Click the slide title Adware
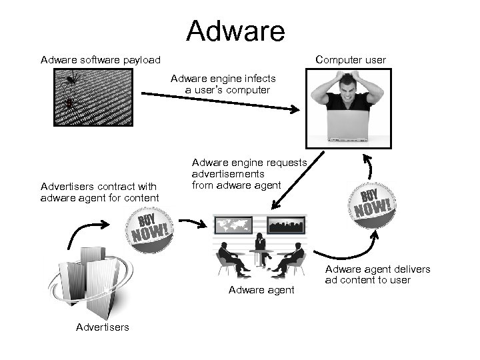point(235,31)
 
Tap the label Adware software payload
point(101,60)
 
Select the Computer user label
point(351,60)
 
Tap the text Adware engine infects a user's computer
point(223,84)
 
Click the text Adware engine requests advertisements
point(249,173)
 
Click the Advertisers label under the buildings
point(103,327)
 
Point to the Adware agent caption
point(261,289)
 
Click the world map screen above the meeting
point(233,224)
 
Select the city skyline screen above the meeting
point(286,224)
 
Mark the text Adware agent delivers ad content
point(377,275)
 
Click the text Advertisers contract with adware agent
point(100,192)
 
